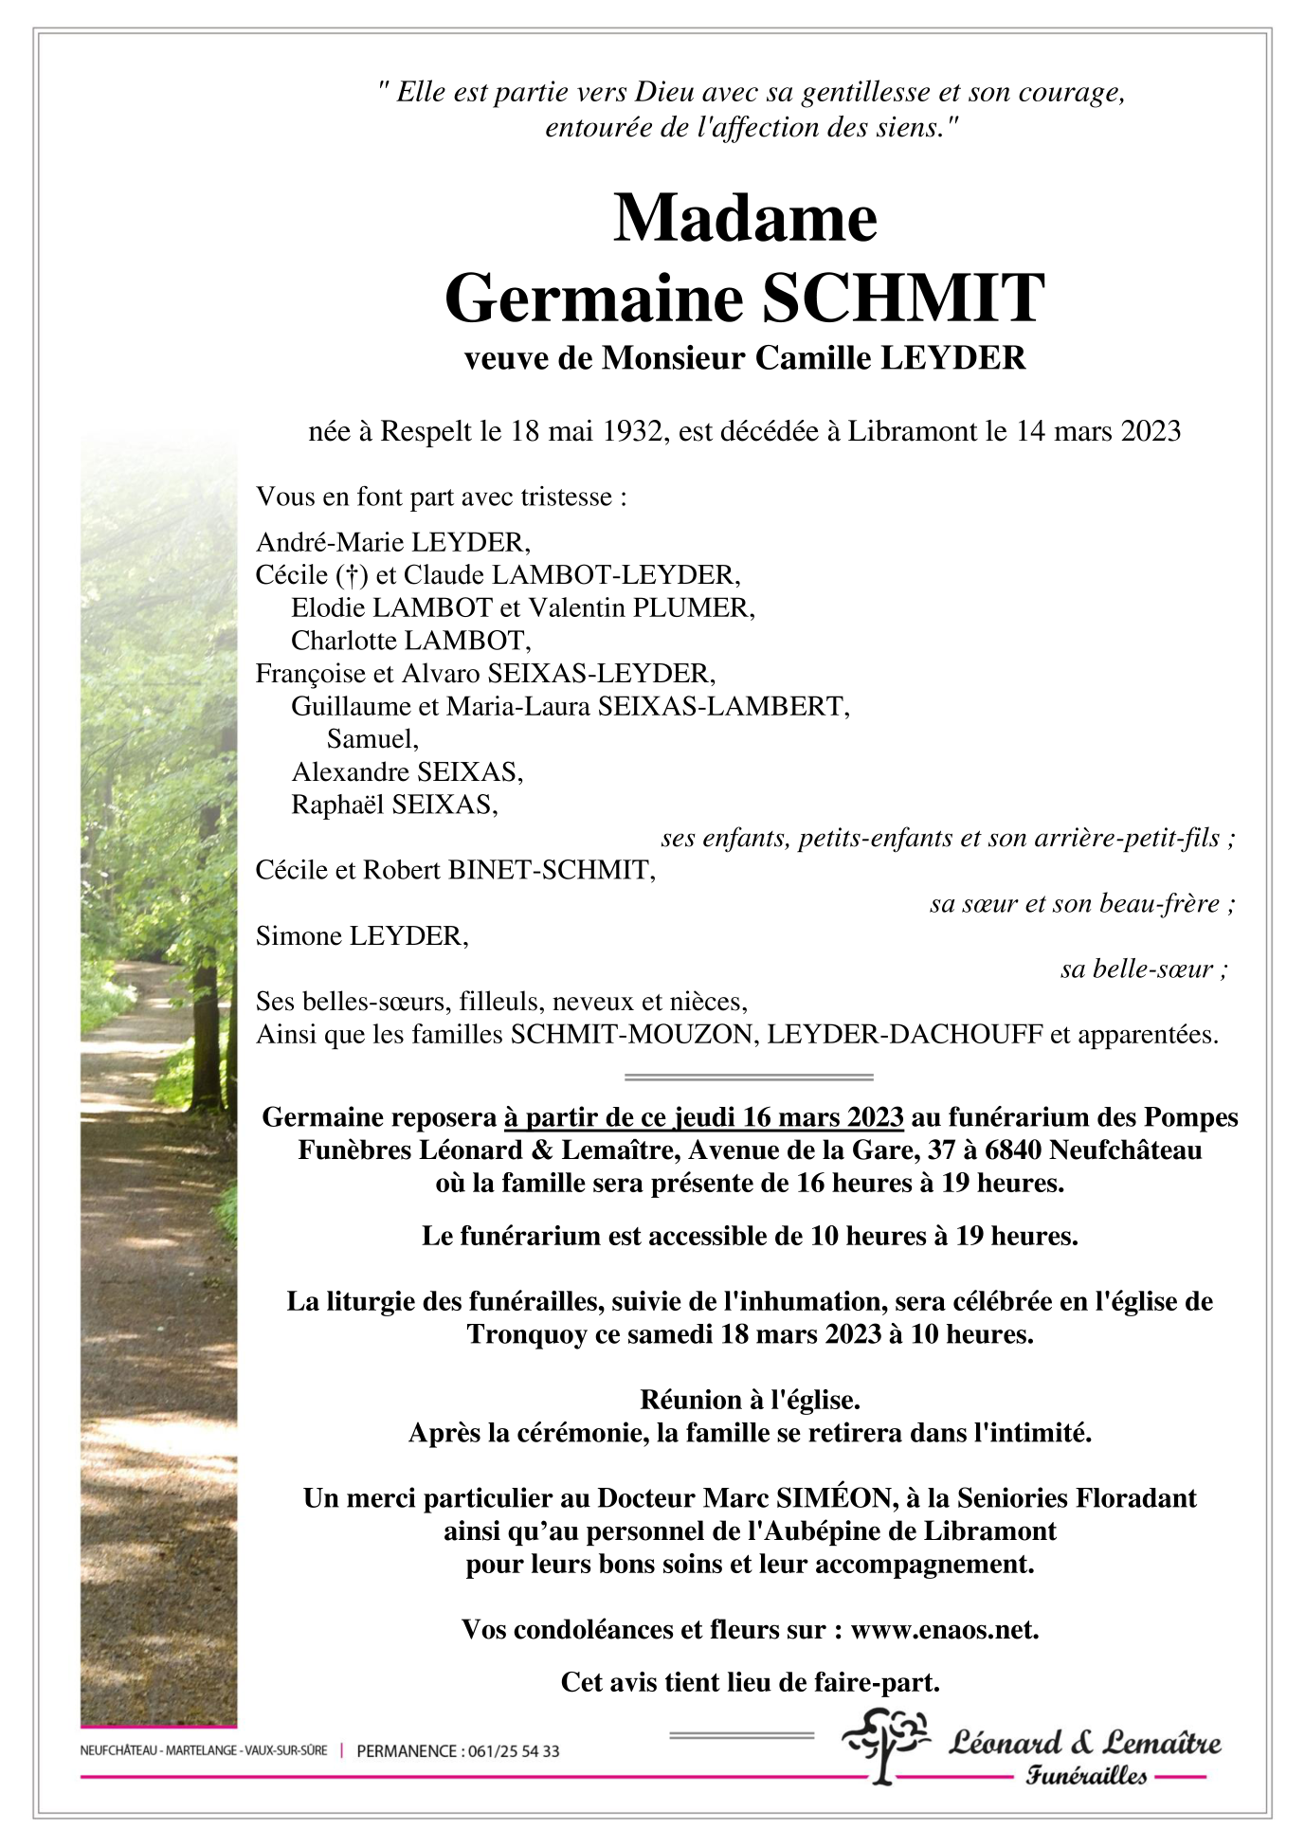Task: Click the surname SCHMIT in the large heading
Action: [x=903, y=298]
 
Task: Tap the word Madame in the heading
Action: [x=746, y=219]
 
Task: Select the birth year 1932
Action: [x=632, y=431]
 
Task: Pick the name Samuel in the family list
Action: [x=371, y=738]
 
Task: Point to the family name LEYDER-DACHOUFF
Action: [x=904, y=1034]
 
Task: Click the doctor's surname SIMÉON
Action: [x=834, y=1498]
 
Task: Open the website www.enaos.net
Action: [x=944, y=1629]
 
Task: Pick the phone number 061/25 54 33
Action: [x=513, y=1751]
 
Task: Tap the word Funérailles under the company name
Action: [x=1085, y=1776]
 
